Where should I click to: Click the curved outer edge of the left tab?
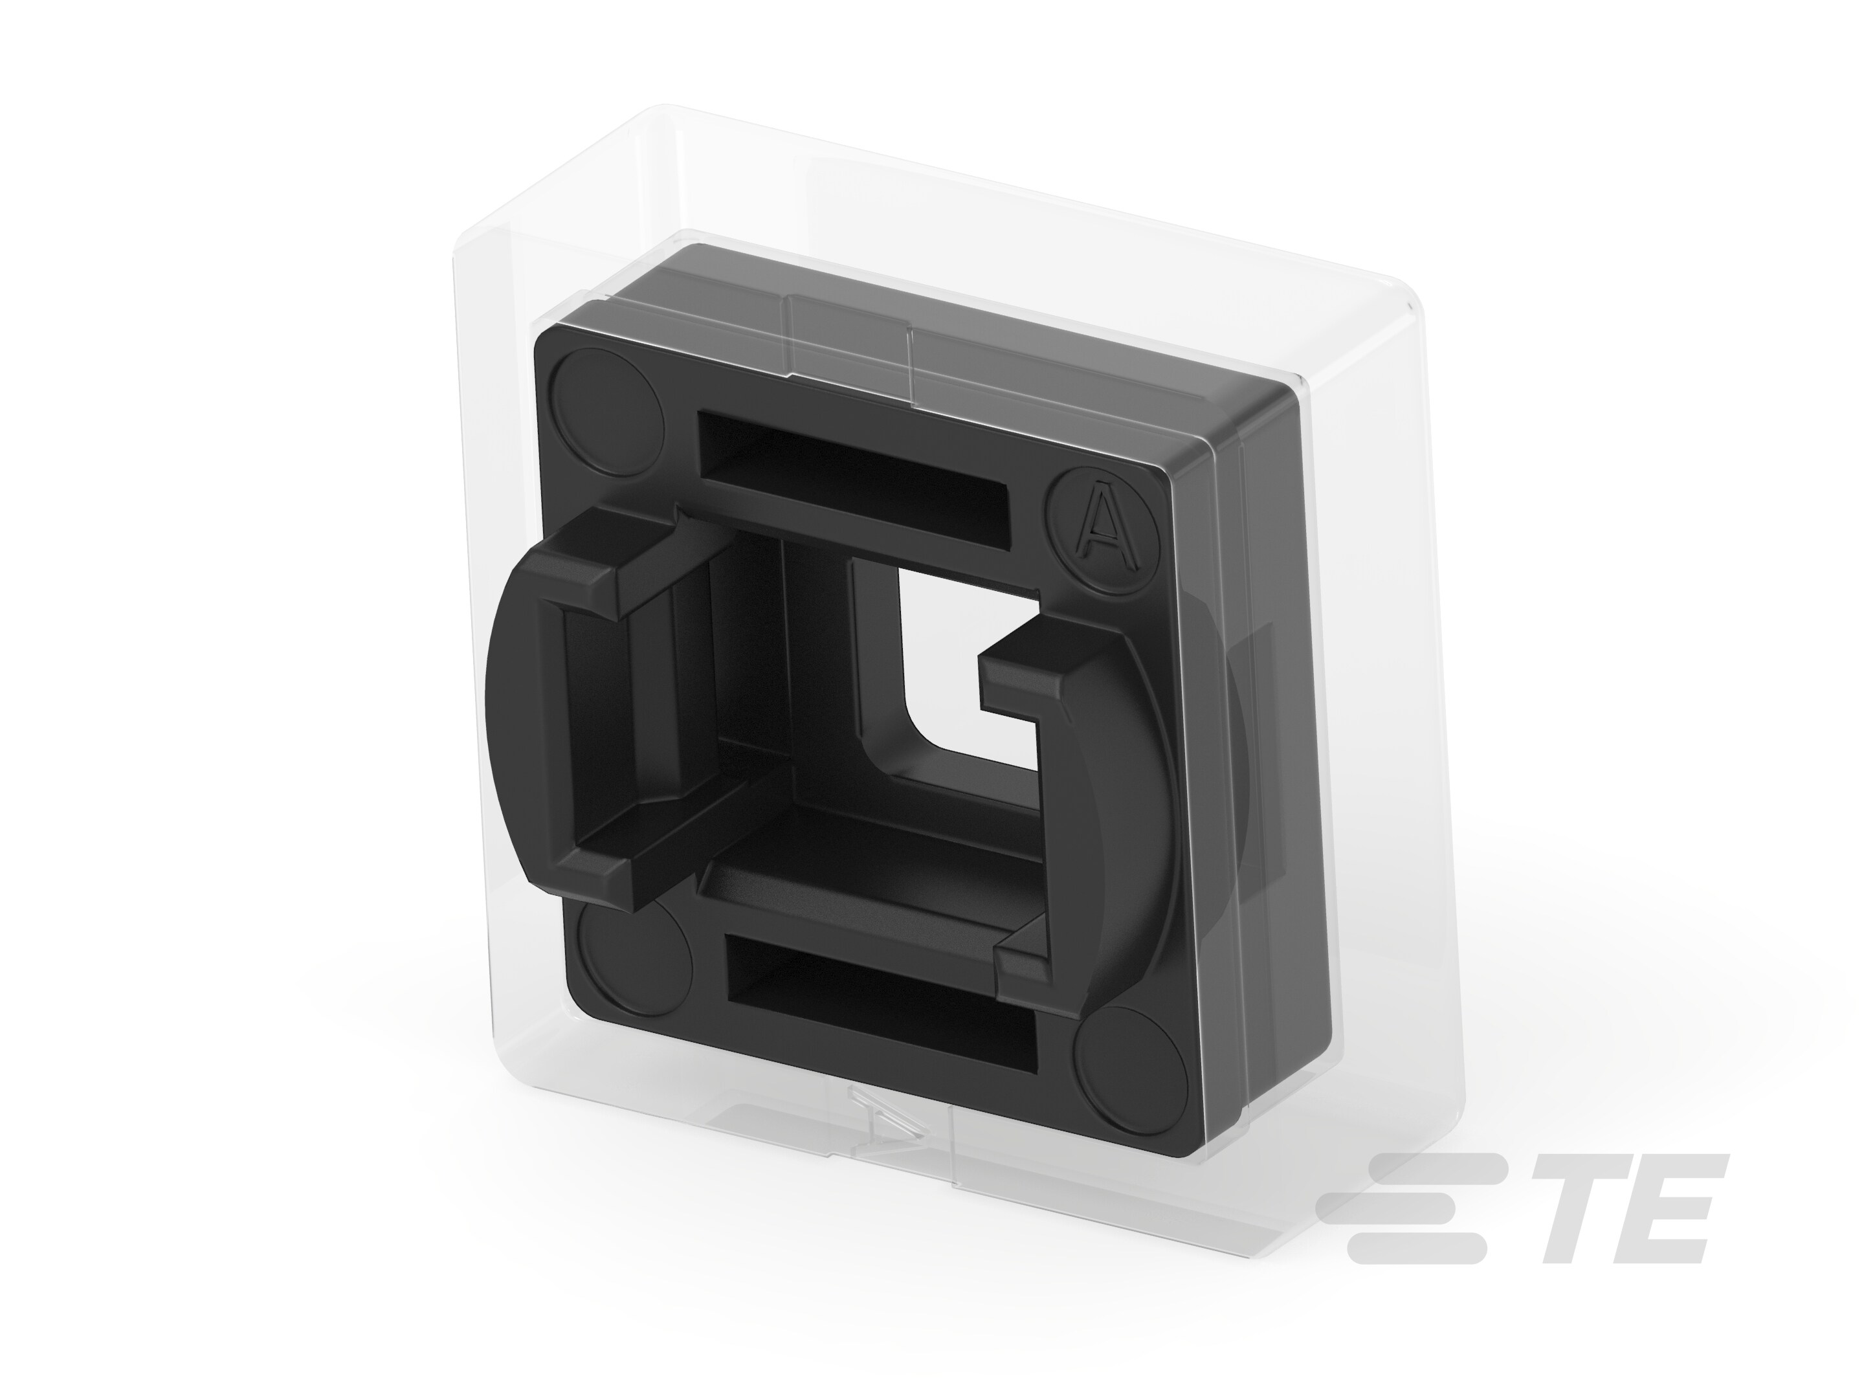(505, 725)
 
